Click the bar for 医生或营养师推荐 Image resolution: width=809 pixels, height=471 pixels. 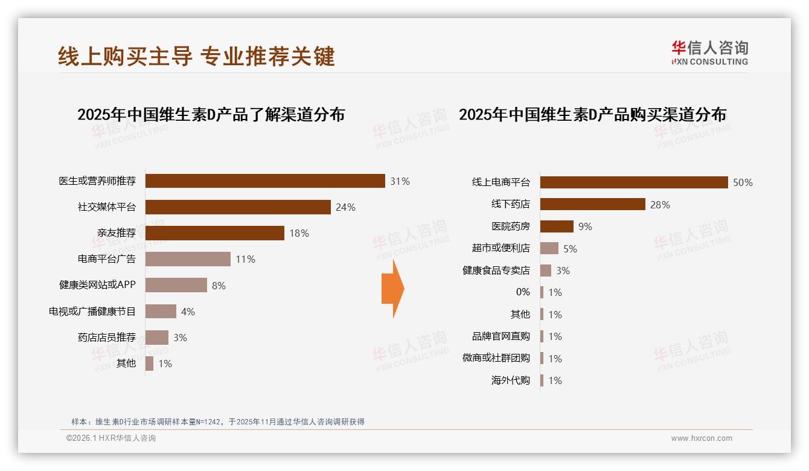pos(265,181)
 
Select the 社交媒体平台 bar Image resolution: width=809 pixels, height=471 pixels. pos(238,207)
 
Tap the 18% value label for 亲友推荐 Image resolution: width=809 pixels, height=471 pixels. pos(299,233)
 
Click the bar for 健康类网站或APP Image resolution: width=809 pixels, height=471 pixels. pos(176,285)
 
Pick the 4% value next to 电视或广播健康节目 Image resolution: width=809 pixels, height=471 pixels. pos(188,312)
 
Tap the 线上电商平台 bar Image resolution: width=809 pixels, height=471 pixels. pos(634,182)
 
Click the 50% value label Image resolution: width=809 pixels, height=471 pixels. pos(743,182)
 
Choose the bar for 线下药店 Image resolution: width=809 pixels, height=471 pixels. pos(592,204)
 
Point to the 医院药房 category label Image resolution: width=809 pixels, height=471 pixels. pos(510,226)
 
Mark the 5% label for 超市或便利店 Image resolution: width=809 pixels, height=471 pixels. pos(570,248)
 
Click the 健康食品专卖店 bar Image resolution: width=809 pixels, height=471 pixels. pos(546,271)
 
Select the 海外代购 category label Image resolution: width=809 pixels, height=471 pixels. pos(510,380)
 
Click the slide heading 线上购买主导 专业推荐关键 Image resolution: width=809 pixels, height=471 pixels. pos(196,56)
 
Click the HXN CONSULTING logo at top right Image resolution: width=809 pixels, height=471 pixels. pos(709,53)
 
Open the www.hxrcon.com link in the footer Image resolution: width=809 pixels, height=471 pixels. pos(702,438)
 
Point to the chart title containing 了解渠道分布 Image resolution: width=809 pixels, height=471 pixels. pos(211,114)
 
